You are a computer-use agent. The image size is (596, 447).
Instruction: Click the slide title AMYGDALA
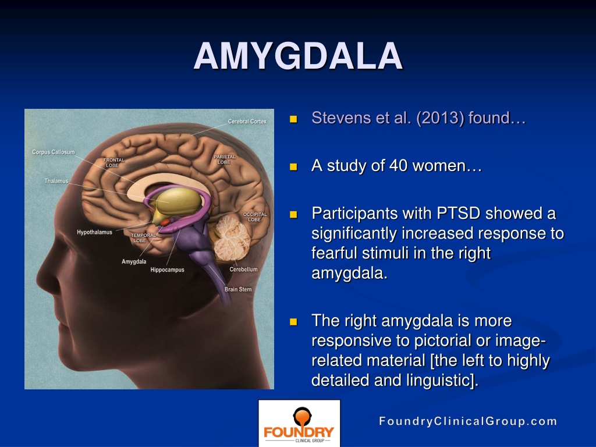click(298, 56)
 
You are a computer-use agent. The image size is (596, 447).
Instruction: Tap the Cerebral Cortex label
click(247, 122)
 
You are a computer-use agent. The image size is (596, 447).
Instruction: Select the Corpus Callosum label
click(53, 152)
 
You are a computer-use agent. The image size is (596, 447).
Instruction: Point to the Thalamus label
click(56, 181)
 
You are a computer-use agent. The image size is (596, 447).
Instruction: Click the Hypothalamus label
click(94, 232)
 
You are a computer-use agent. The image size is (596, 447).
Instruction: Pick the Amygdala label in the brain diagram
click(134, 261)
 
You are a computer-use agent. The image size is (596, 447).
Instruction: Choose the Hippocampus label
click(167, 270)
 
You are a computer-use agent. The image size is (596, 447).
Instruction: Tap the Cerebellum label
click(243, 269)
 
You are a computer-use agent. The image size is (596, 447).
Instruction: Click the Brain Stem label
click(238, 289)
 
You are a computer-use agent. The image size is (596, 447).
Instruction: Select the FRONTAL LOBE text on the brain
click(113, 162)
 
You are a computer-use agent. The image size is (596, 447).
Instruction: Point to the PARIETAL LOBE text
click(224, 159)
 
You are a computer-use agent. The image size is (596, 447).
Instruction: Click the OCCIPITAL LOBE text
click(255, 217)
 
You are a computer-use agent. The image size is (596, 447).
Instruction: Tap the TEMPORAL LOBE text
click(143, 237)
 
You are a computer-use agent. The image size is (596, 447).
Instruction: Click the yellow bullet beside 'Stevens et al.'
click(293, 120)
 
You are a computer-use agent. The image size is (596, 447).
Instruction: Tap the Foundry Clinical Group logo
click(299, 423)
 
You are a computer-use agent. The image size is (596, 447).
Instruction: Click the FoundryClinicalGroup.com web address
click(468, 421)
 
